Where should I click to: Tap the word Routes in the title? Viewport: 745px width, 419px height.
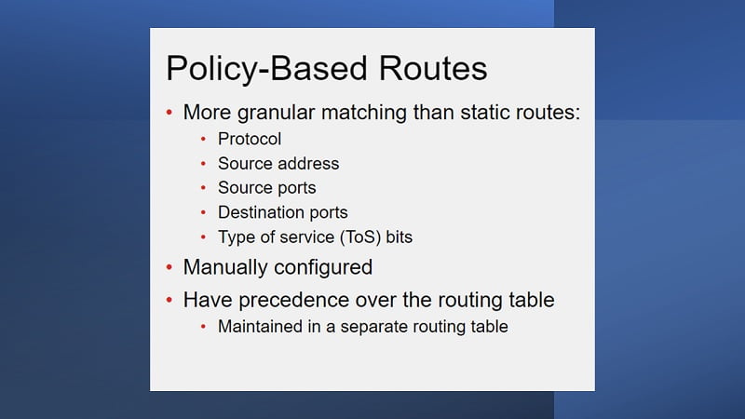tap(433, 68)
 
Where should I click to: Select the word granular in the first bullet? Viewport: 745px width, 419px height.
tap(276, 114)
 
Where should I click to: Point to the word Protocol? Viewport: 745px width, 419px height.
tap(250, 139)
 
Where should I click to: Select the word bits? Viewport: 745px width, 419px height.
tap(400, 237)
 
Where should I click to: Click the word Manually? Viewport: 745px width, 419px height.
tap(225, 268)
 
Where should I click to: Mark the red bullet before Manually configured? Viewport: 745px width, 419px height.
tap(169, 267)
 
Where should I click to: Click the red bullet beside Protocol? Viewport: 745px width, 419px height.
tap(203, 139)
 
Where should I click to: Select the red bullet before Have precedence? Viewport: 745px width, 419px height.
tap(169, 300)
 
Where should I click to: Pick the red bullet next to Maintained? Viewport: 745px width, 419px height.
tap(203, 327)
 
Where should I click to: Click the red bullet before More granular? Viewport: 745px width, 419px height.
tap(169, 113)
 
